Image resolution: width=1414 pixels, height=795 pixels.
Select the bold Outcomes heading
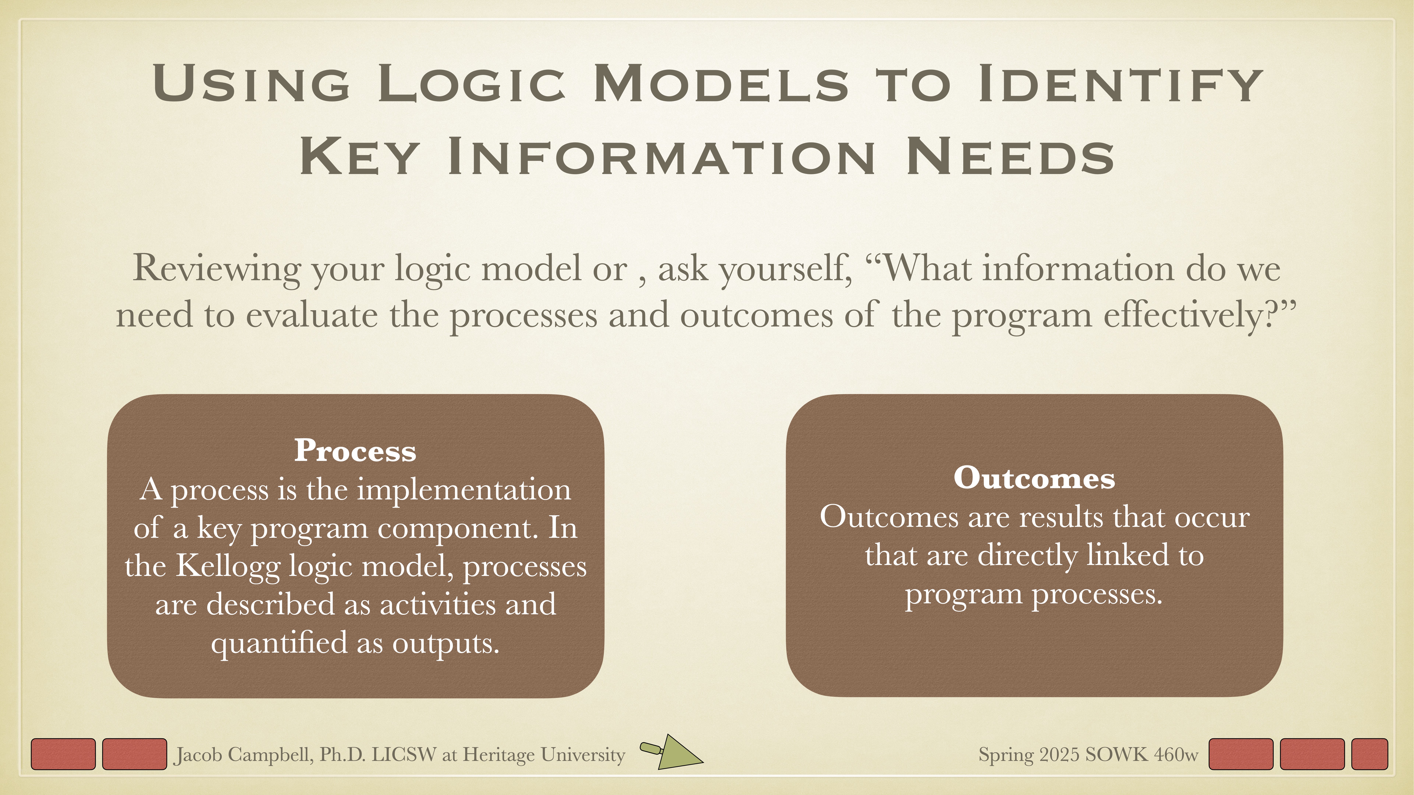pos(1034,478)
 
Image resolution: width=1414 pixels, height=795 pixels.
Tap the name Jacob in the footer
pos(199,755)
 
